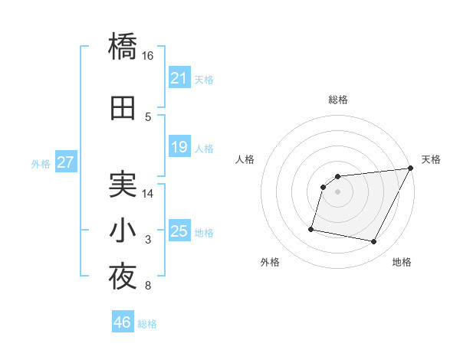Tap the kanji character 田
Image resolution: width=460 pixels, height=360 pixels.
click(123, 108)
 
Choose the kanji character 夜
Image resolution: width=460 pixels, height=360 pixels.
click(123, 277)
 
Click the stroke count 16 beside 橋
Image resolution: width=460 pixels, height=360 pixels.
click(148, 56)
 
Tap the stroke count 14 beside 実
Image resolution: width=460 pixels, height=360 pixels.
click(148, 194)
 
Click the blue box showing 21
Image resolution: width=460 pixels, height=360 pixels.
click(179, 78)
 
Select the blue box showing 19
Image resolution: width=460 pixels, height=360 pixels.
click(179, 147)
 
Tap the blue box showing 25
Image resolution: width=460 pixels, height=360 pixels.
click(179, 231)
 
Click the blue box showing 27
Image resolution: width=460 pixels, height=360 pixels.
click(65, 162)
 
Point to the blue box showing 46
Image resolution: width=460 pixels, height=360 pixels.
click(122, 322)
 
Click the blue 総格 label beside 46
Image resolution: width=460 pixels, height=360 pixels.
click(147, 324)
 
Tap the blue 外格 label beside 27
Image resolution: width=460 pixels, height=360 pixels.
click(41, 163)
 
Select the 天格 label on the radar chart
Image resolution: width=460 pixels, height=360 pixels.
click(431, 159)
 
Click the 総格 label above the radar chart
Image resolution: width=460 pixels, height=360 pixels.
click(337, 100)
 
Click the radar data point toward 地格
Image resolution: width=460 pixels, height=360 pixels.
click(374, 242)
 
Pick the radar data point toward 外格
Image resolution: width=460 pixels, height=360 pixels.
click(311, 228)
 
